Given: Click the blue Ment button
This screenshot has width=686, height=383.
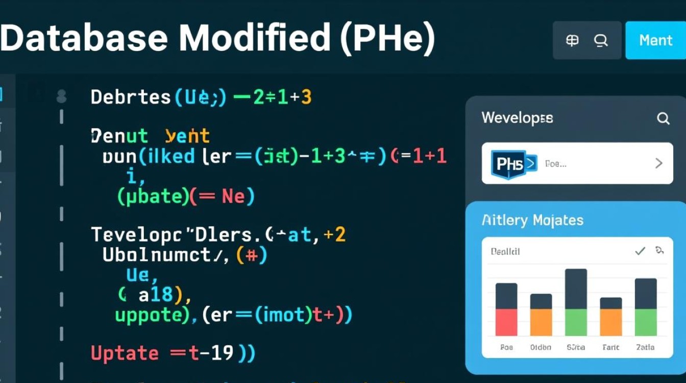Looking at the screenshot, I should pos(655,40).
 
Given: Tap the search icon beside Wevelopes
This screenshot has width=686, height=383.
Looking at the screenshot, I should pos(663,119).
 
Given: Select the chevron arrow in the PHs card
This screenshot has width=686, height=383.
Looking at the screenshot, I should pos(659,163).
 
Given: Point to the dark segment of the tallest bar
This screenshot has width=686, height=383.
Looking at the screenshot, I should pos(576,289).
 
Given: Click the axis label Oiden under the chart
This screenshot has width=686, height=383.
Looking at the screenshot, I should pos(541,347).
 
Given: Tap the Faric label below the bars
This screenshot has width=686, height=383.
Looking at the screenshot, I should pos(610,347).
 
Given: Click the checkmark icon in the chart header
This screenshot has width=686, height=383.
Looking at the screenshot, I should pos(640,251).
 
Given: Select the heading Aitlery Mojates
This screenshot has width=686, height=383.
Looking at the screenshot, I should pos(532,221).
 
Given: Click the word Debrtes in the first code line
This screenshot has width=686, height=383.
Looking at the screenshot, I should pos(131,97).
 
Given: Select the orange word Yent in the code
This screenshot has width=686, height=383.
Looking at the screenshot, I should pos(187,136).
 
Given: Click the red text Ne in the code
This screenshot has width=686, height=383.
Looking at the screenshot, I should pos(233,196).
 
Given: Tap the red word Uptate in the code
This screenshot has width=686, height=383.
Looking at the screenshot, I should pos(125,353).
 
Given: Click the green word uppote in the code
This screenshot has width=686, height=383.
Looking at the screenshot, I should pos(148,315).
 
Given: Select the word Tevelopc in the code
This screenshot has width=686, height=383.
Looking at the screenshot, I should pos(138,235).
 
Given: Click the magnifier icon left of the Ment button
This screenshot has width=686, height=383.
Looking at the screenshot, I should pos(601,40).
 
